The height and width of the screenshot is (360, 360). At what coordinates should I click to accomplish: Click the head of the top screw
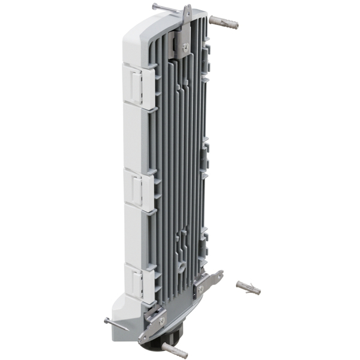(x=155, y=6)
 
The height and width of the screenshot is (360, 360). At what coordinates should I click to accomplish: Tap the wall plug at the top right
(x=224, y=25)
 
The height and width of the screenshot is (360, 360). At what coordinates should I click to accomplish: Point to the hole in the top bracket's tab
(x=187, y=11)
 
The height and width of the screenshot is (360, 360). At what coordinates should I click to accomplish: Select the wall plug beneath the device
(x=173, y=350)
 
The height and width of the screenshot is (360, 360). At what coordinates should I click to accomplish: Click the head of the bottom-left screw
(x=106, y=320)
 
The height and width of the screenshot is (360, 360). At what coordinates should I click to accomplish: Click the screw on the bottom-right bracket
(x=200, y=289)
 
